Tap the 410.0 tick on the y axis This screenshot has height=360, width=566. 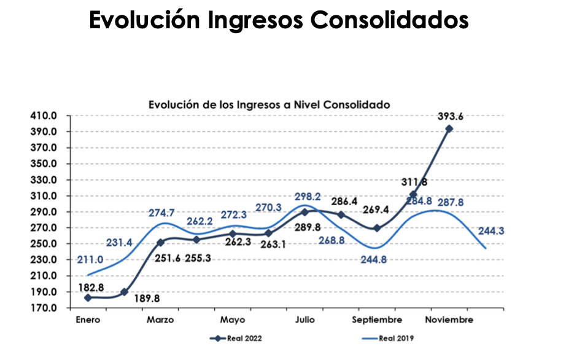coord(51,115)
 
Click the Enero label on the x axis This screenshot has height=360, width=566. coord(88,320)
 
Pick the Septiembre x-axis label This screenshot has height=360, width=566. coord(377,320)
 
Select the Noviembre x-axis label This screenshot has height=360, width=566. coord(449,320)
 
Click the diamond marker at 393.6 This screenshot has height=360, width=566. coord(449,129)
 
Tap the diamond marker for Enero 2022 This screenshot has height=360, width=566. coord(88,298)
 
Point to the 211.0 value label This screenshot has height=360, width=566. coord(90,260)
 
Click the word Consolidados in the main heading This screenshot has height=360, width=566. coord(390,20)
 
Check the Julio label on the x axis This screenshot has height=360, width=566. coord(305,320)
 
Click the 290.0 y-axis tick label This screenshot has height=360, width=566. coord(51,212)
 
